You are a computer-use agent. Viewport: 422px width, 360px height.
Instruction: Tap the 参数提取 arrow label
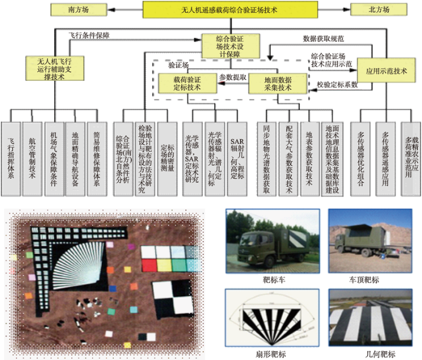pos(232,77)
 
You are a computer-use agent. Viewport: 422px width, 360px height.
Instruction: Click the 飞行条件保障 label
pos(90,37)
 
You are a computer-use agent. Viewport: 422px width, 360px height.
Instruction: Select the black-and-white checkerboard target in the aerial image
pos(173,296)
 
